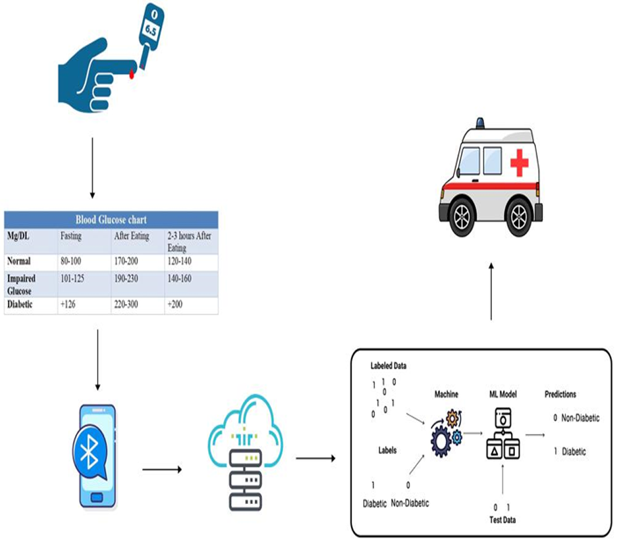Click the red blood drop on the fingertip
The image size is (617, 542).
tap(132, 74)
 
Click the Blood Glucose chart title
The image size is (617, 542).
tap(111, 220)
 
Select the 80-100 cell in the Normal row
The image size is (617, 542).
tap(71, 261)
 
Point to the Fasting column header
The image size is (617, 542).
tap(71, 235)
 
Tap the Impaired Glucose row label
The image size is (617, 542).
tap(21, 285)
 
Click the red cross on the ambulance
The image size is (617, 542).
tap(519, 162)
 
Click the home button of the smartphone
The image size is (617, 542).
tap(97, 497)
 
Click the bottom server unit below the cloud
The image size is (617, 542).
tap(245, 502)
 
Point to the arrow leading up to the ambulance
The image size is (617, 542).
tap(491, 291)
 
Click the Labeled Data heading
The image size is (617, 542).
tap(388, 366)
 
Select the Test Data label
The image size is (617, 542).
tap(502, 520)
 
